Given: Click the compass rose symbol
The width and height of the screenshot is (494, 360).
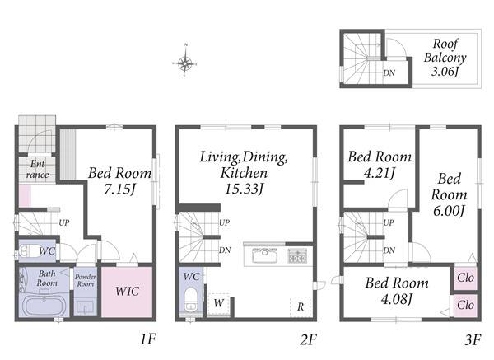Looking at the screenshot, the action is [x=185, y=63].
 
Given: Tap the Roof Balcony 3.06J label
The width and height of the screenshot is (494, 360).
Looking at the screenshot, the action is [x=445, y=58].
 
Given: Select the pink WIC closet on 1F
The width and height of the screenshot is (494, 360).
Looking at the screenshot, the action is [x=127, y=292].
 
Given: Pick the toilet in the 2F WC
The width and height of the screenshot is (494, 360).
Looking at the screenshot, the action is [x=191, y=299].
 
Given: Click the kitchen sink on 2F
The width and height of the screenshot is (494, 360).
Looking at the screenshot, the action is [x=264, y=255].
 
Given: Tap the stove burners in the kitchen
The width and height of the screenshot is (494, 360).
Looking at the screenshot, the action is [x=297, y=255].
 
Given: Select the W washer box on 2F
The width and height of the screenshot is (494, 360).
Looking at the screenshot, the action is [x=219, y=304].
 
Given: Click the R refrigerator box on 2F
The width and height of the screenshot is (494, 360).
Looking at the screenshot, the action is [x=301, y=306].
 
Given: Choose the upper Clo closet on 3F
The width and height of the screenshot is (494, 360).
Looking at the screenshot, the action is [x=465, y=278].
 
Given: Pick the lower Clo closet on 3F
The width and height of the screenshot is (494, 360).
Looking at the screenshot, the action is [x=465, y=306].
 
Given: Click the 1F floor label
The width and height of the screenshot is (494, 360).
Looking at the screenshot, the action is [x=147, y=339].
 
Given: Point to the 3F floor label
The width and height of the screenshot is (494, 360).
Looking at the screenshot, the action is [x=473, y=340].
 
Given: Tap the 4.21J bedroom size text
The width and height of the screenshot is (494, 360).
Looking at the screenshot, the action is [x=380, y=173].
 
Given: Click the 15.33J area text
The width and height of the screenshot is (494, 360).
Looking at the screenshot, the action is [x=244, y=189].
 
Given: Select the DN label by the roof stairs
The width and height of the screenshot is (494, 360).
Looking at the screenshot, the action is [x=389, y=72].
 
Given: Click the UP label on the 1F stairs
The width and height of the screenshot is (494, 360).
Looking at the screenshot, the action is [x=64, y=222].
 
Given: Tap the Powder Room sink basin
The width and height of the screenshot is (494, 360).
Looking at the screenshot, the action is [x=85, y=306].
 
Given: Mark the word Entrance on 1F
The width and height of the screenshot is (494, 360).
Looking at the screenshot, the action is [x=37, y=169].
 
